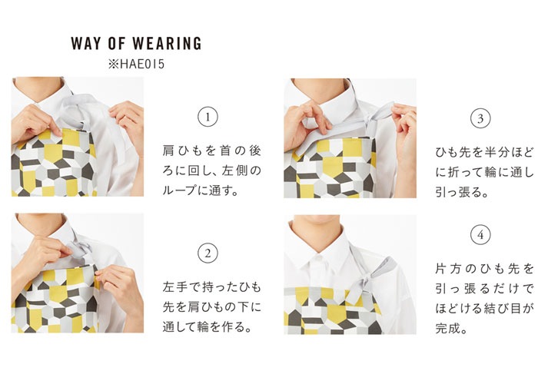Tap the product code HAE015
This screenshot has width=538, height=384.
[x=142, y=64]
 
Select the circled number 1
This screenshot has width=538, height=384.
[x=208, y=118]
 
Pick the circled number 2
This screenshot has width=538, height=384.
[x=208, y=253]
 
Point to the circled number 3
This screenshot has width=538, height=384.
[x=480, y=118]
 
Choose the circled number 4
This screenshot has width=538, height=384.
[x=480, y=235]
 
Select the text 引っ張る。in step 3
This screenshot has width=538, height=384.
[x=462, y=192]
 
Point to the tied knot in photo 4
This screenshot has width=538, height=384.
[x=361, y=282]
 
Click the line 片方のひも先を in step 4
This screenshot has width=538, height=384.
[x=484, y=269]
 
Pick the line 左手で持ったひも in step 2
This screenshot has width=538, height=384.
[x=211, y=286]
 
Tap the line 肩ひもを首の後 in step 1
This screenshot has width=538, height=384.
[x=211, y=151]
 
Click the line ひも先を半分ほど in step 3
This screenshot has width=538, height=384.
[x=484, y=152]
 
